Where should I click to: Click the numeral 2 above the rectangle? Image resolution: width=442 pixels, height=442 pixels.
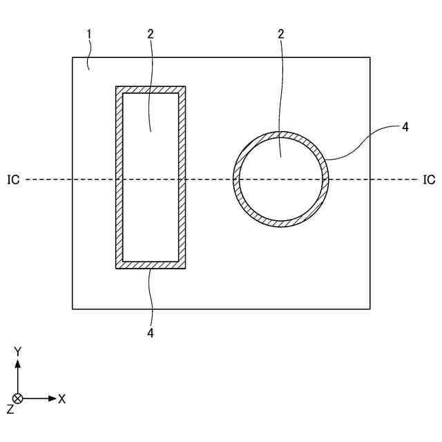click(x=150, y=34)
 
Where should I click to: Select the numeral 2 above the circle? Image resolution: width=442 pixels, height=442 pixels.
click(x=281, y=34)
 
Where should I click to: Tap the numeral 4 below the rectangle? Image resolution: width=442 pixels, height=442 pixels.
click(x=150, y=332)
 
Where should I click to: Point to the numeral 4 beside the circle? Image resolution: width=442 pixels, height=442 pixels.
click(x=405, y=126)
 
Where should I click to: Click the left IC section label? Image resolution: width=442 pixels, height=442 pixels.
click(x=13, y=180)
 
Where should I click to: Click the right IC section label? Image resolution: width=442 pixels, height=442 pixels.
click(x=429, y=180)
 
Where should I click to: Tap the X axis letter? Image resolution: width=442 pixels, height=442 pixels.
click(x=62, y=398)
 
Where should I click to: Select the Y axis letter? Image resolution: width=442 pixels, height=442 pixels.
click(x=18, y=352)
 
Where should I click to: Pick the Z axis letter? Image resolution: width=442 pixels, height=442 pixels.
click(x=10, y=410)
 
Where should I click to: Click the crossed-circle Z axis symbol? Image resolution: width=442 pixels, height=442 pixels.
click(x=18, y=398)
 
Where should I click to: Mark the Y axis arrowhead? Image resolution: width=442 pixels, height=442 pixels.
click(x=18, y=361)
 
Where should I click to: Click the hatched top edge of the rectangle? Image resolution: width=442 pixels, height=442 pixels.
click(x=151, y=90)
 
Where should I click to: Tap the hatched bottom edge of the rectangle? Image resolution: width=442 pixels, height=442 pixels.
click(x=151, y=265)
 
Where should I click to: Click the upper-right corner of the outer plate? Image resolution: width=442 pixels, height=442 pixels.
click(x=369, y=57)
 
